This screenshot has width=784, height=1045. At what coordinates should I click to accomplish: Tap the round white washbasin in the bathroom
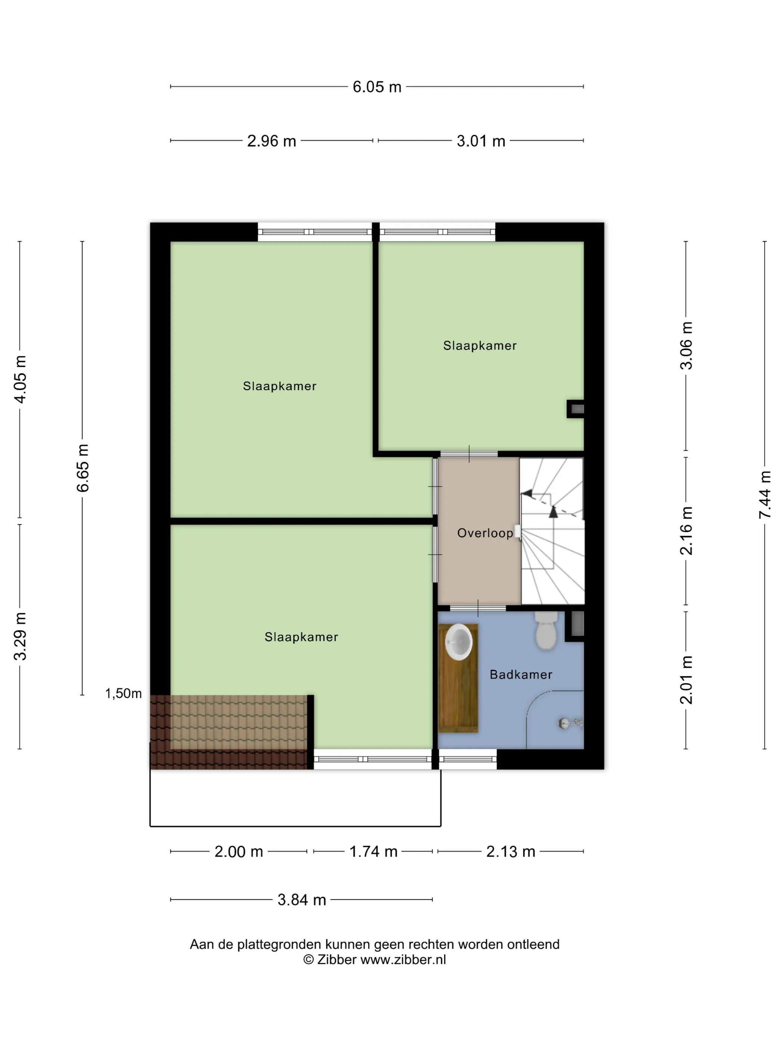point(458,642)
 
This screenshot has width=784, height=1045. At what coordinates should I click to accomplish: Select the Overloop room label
point(485,533)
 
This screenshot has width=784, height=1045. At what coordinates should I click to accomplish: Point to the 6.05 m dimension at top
point(377,87)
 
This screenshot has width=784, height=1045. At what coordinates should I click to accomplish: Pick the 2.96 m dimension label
point(272,141)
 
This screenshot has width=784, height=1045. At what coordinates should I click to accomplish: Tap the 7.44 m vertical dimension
point(765,495)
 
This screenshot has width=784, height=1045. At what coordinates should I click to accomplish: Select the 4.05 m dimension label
point(20,379)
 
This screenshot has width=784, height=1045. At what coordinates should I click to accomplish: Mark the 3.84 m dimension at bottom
point(302,899)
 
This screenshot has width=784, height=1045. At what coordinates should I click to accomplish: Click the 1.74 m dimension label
point(373,851)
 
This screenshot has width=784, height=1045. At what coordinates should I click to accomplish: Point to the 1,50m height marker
point(123,693)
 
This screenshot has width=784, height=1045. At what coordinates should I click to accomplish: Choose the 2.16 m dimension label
point(686,531)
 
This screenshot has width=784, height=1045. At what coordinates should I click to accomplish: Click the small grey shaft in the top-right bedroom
point(576,409)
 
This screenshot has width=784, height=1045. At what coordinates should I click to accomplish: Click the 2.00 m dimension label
point(239,851)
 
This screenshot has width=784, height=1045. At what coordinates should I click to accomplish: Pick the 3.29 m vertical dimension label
point(20,636)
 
